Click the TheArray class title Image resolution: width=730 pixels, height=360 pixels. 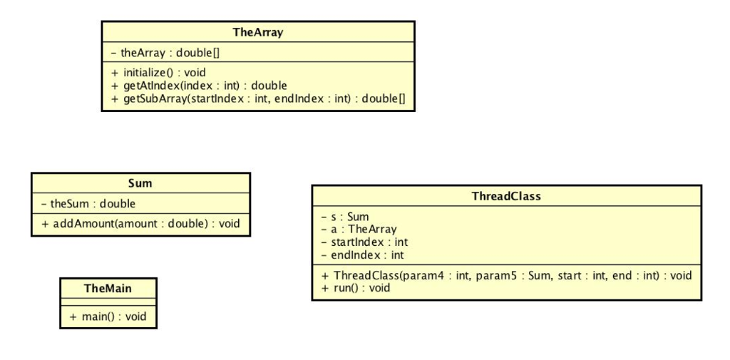[257, 32]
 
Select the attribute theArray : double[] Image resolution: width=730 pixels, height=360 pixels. [168, 52]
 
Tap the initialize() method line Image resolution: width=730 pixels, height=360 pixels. [158, 73]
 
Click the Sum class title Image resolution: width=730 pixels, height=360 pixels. [140, 183]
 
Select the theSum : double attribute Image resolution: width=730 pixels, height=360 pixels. [88, 203]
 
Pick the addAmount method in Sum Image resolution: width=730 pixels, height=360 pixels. [140, 223]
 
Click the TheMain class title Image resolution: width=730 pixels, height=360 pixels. [108, 288]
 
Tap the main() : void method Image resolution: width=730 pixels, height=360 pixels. [108, 316]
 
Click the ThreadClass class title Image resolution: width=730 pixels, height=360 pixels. [506, 196]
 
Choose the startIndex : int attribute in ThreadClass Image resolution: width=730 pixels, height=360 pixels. [364, 242]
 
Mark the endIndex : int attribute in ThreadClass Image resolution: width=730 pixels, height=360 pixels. [363, 254]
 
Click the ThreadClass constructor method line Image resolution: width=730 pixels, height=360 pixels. [506, 275]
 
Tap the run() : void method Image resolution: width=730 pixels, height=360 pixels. [356, 288]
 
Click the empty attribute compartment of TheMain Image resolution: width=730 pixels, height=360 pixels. [108, 301]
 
